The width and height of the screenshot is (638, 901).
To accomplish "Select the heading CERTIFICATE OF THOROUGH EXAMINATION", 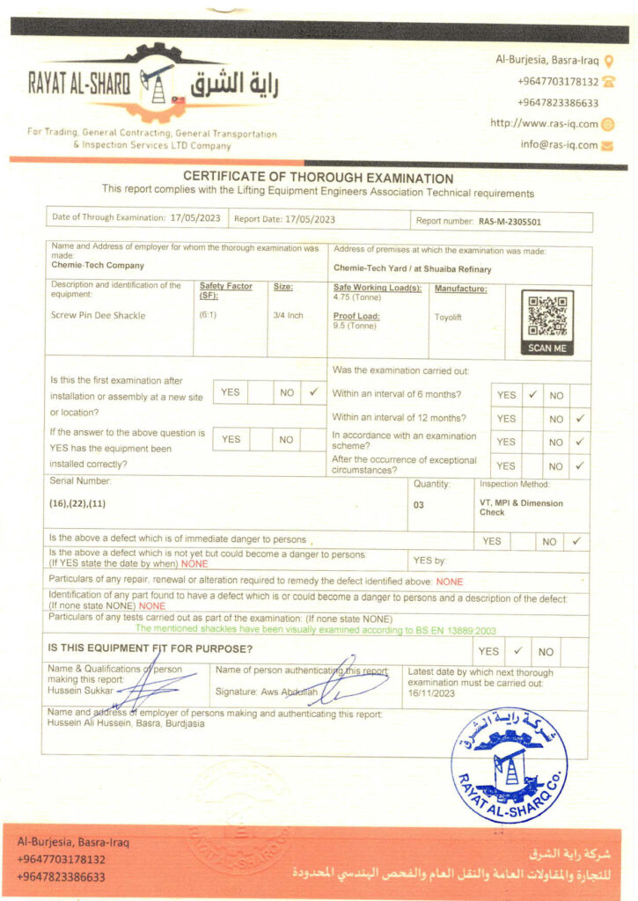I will [x=318, y=178].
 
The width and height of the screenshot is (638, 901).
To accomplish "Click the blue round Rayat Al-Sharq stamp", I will [x=509, y=765].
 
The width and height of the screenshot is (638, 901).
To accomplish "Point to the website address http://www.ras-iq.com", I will [x=544, y=124].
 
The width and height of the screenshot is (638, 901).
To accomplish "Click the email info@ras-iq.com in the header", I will [x=559, y=145].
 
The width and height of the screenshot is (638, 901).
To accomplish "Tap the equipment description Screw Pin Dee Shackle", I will [x=99, y=315].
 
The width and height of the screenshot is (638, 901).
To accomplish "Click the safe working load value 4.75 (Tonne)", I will [x=357, y=298].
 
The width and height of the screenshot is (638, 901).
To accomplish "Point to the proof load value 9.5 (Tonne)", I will [x=356, y=326].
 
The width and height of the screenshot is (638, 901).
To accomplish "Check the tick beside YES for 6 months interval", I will [x=532, y=395].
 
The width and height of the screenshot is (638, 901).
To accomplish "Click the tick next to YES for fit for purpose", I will [x=517, y=651].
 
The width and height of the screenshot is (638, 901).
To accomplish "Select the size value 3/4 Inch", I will [x=288, y=315].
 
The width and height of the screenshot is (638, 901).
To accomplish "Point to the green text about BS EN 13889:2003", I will [x=316, y=630].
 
